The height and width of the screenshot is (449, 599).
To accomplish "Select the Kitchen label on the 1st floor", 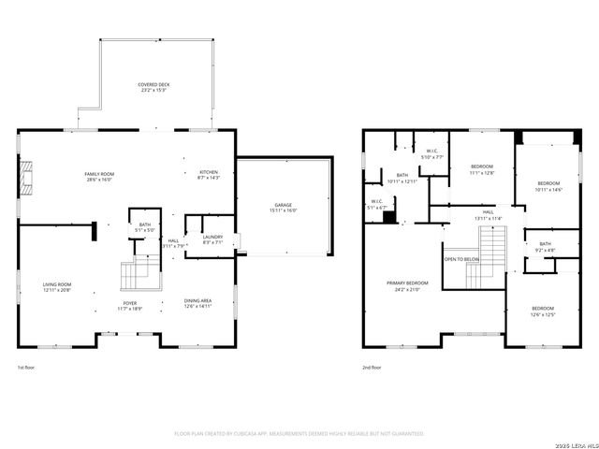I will pyautogui.click(x=208, y=175).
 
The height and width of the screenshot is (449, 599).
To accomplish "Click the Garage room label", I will pyautogui.click(x=283, y=208).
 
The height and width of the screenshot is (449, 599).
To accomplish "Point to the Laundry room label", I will pyautogui.click(x=212, y=239).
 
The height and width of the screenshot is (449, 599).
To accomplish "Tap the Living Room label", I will pyautogui.click(x=57, y=287).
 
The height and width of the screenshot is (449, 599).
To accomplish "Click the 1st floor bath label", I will pyautogui.click(x=145, y=226).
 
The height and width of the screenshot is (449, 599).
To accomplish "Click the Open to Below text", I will pyautogui.click(x=461, y=259).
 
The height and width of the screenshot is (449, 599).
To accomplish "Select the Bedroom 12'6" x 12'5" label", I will pyautogui.click(x=543, y=311).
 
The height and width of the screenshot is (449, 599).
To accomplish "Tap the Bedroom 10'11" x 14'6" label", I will pyautogui.click(x=548, y=185).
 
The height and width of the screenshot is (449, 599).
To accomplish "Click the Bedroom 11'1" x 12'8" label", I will pyautogui.click(x=482, y=169).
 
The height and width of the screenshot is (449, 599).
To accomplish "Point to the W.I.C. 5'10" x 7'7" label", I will pyautogui.click(x=433, y=153).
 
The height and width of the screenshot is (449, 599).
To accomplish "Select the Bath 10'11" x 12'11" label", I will pyautogui.click(x=402, y=178).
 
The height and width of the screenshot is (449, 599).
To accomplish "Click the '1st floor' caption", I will pyautogui.click(x=28, y=368).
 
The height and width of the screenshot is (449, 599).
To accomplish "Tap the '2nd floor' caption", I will pyautogui.click(x=372, y=368).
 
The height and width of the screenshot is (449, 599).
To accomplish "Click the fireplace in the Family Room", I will pyautogui.click(x=27, y=174).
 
